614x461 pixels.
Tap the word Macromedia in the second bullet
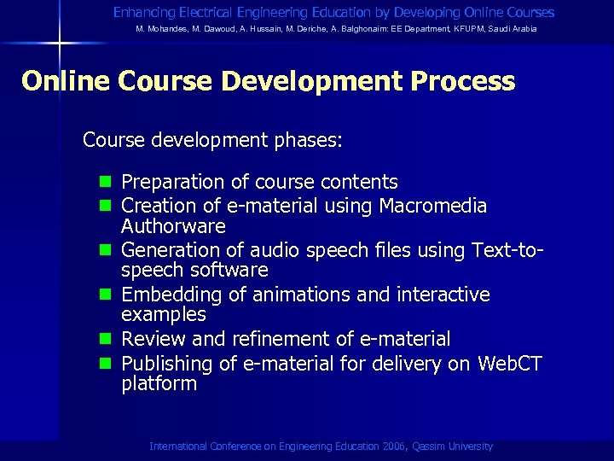pyautogui.click(x=433, y=206)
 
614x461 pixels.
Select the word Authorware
pyautogui.click(x=173, y=226)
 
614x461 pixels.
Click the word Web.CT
pyautogui.click(x=509, y=364)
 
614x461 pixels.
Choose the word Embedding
pyautogui.click(x=169, y=295)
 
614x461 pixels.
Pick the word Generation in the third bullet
pyautogui.click(x=169, y=250)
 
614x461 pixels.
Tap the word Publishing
pyautogui.click(x=167, y=365)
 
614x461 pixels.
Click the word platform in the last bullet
pyautogui.click(x=159, y=384)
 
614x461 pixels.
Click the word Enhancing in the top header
pyautogui.click(x=142, y=13)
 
